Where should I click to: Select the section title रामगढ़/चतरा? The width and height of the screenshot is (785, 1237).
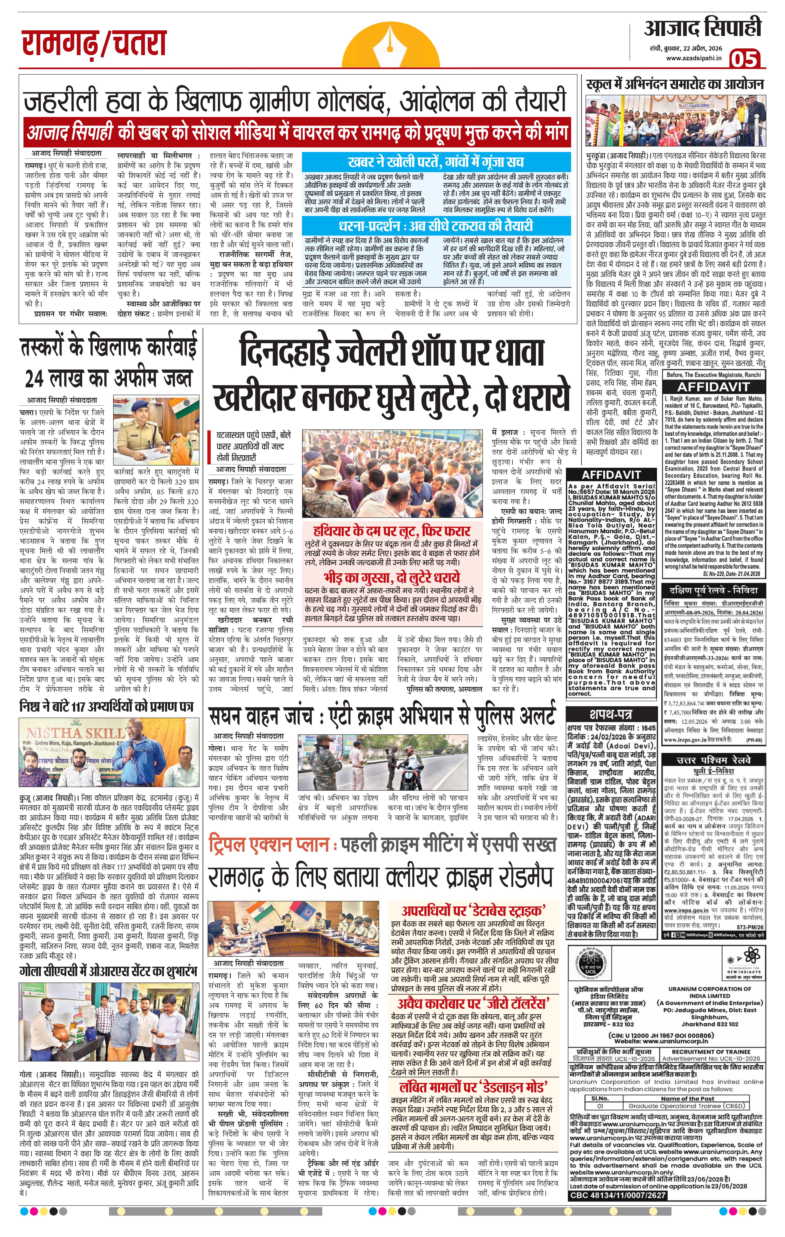click(94, 44)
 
